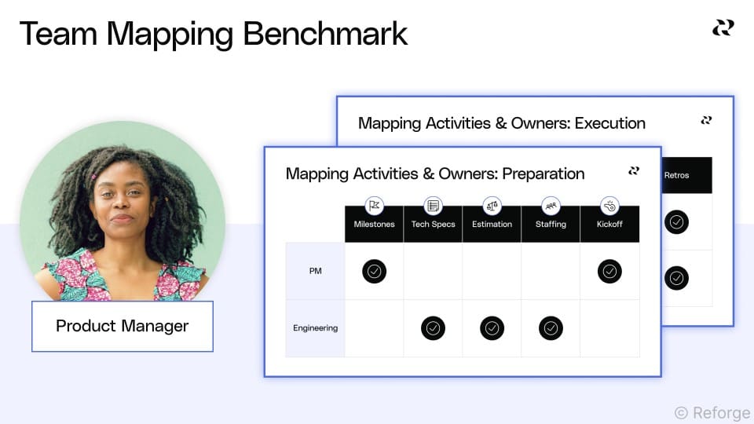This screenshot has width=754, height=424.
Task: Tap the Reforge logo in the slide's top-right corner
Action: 723,27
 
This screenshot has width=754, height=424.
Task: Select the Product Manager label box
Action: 123,326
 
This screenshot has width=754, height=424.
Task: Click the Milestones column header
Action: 374,224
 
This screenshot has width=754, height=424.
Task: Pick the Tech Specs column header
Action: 433,224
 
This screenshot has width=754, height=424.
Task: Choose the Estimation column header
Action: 492,224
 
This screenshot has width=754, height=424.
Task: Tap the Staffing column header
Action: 551,224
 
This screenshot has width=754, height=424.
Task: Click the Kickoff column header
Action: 609,224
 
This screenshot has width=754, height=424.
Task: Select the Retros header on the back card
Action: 676,175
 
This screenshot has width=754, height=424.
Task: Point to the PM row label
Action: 315,272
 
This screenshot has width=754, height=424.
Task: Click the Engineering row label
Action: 315,328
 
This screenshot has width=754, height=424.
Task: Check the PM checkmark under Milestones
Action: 374,272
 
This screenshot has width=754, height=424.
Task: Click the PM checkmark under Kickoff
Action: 609,272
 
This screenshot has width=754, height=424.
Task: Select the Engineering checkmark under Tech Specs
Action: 433,328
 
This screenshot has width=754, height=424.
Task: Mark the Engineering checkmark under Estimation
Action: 492,328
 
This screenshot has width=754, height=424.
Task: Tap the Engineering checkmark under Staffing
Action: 551,328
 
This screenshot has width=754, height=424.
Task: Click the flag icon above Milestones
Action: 374,206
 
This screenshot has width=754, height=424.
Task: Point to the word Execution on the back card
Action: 609,123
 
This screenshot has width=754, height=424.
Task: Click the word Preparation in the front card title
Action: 543,174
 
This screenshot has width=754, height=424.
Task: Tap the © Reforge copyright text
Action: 712,412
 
